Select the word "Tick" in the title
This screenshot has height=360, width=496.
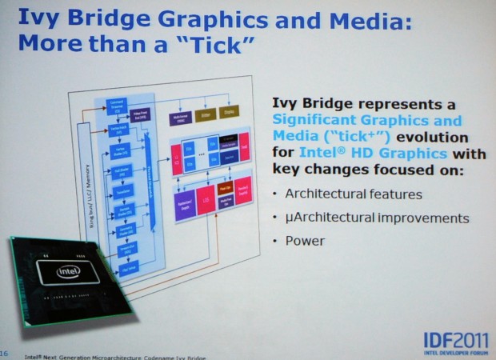tap(217, 42)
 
